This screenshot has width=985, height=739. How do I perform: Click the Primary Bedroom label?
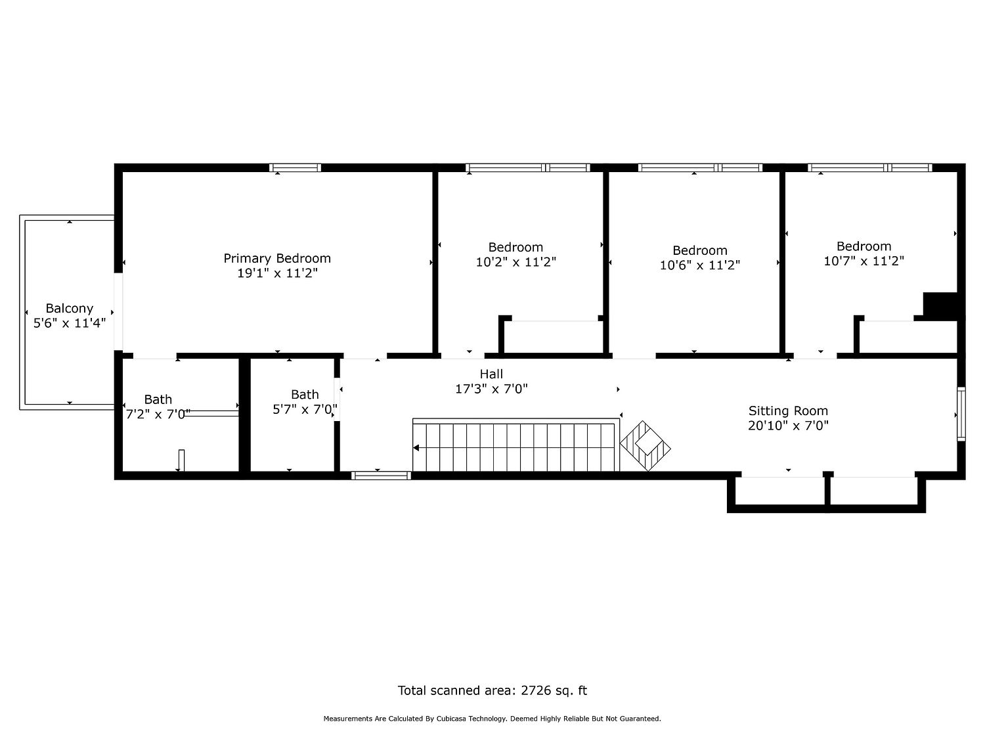[x=277, y=258]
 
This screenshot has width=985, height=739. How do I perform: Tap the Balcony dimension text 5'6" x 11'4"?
[x=70, y=323]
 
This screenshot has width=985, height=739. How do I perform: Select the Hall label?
[x=491, y=374]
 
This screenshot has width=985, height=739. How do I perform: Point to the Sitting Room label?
[x=788, y=411]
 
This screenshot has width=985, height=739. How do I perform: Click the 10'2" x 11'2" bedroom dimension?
[x=515, y=261]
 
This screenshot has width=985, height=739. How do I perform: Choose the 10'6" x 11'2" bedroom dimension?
[x=699, y=265]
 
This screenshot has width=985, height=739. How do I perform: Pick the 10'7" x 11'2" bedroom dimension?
[x=864, y=261]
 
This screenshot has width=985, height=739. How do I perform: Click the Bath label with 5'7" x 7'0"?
[x=305, y=394]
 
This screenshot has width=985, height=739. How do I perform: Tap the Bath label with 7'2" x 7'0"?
[x=158, y=399]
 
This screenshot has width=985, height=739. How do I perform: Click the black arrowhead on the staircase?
[x=416, y=448]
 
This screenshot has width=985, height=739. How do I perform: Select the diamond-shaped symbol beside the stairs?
[x=646, y=446]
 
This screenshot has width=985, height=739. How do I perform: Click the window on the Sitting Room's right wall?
[x=961, y=414]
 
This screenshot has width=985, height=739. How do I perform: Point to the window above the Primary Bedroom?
[x=295, y=168]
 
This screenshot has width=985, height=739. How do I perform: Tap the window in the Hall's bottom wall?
[x=380, y=476]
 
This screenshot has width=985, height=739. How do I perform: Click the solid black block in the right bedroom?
[x=940, y=304]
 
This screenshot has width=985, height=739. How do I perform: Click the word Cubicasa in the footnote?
[x=453, y=719]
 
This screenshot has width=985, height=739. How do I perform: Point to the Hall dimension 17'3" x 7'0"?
[x=491, y=389]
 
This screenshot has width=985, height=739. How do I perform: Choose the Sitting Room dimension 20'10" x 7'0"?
[x=788, y=426]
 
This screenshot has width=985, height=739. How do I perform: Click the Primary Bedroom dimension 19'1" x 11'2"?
[x=277, y=273]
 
